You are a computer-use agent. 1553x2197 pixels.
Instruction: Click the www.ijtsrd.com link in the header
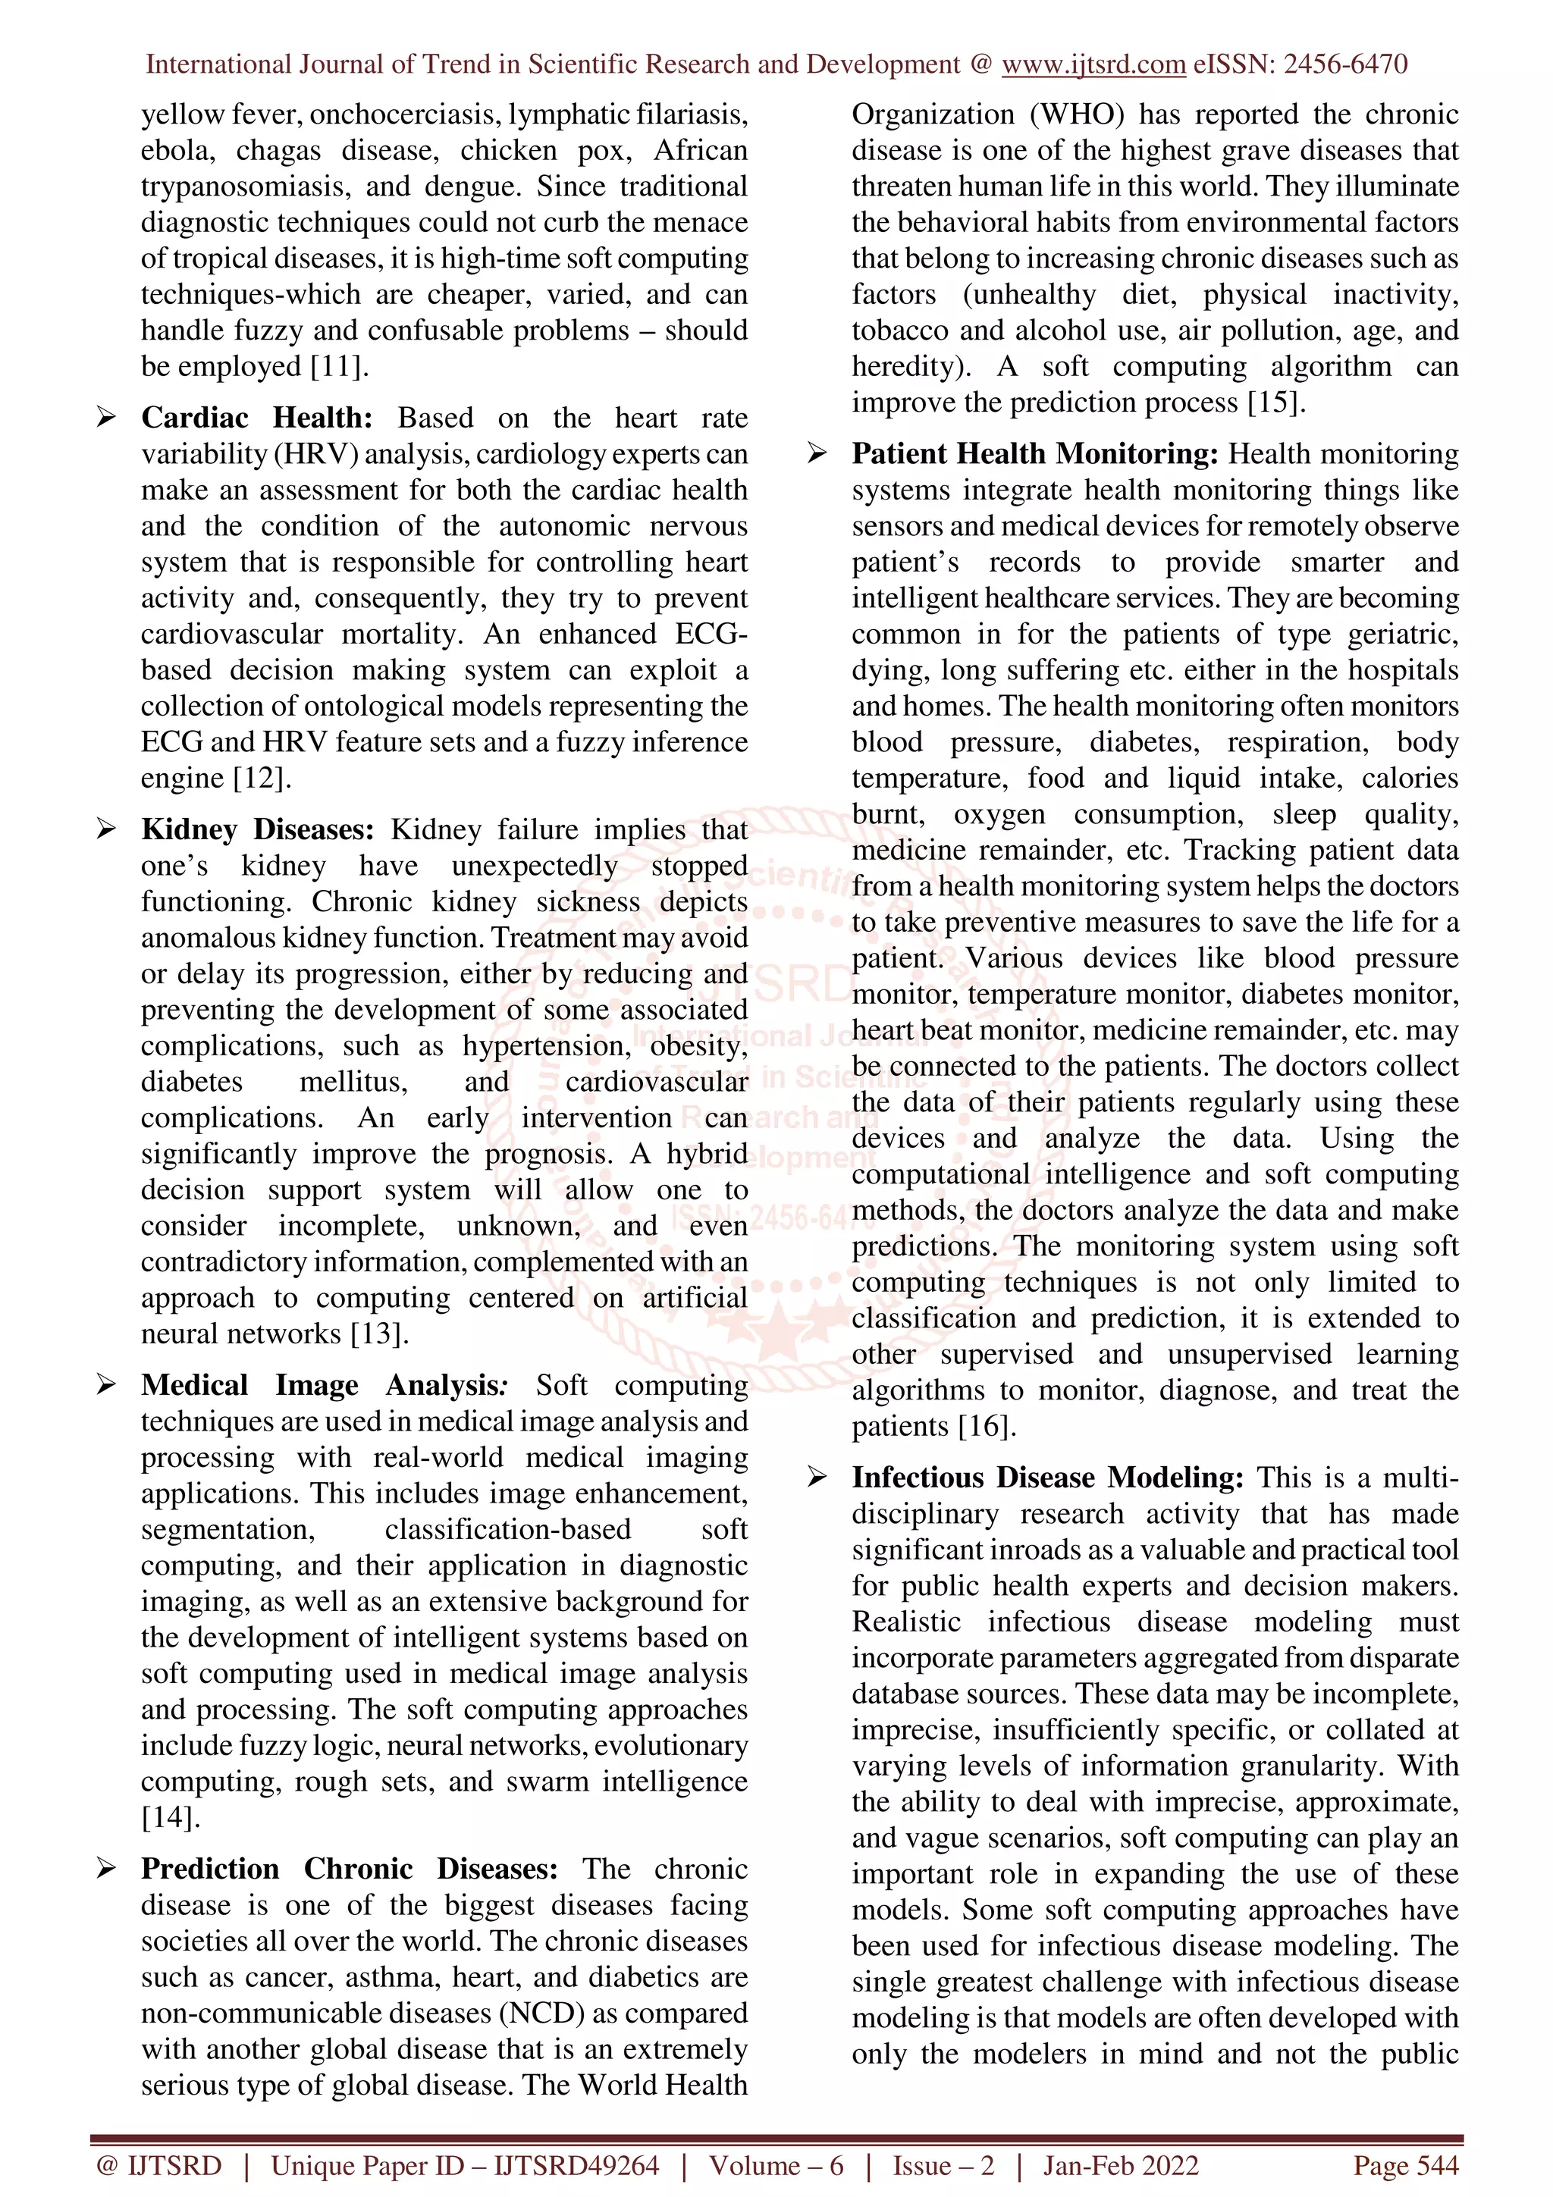tap(1093, 64)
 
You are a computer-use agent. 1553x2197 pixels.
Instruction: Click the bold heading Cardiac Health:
tap(256, 418)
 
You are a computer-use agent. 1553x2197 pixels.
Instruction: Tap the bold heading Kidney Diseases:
tap(256, 829)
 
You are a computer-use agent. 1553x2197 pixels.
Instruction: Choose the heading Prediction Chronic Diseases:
tap(350, 1869)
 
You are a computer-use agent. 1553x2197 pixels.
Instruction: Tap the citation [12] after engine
tap(259, 779)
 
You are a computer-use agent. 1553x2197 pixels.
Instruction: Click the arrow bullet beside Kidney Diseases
tap(106, 829)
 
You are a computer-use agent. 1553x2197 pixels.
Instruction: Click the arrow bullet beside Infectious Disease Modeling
tap(817, 1478)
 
